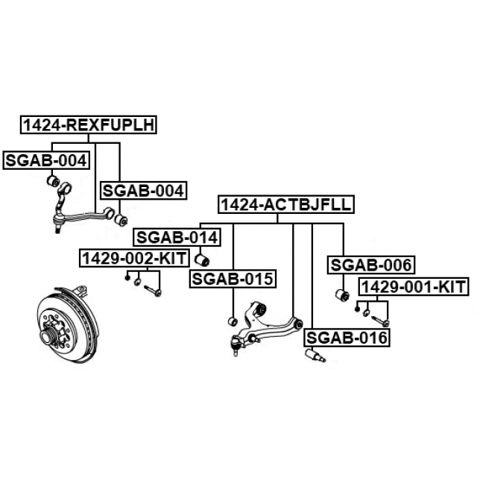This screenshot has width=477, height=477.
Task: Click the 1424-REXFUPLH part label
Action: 89,125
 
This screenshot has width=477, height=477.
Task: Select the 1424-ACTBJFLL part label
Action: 285,204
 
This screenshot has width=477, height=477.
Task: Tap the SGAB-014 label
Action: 177,238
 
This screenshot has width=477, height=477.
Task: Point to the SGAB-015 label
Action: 233,279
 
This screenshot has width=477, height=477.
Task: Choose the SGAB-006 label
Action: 372,264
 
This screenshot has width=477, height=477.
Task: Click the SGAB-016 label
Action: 347,338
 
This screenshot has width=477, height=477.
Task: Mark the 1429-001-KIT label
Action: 413,287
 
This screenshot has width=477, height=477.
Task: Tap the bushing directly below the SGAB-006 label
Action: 344,294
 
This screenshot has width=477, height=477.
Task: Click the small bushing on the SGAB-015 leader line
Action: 232,321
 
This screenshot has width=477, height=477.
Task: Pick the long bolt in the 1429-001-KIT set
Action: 381,320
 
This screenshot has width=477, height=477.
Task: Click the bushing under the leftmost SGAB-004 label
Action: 53,180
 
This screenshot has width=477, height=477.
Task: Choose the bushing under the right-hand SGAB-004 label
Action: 123,220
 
